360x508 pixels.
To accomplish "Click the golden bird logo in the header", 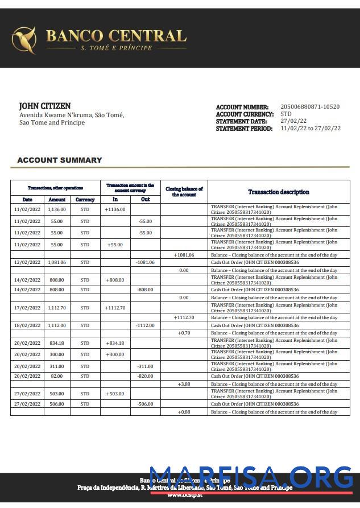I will (x=24, y=39).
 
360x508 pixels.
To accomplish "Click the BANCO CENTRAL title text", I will (x=116, y=36).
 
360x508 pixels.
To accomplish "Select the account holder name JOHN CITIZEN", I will (x=45, y=106).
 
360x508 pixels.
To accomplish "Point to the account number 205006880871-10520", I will (x=310, y=107).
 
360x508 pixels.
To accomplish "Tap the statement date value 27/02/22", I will (x=293, y=121).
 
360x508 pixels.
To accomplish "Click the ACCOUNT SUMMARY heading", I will (x=60, y=160).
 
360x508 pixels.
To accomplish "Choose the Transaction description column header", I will (x=279, y=192).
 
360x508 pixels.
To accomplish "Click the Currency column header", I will (x=85, y=200).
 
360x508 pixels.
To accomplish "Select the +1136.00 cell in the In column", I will (x=115, y=209).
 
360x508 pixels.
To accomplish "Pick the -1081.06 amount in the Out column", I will (x=145, y=262).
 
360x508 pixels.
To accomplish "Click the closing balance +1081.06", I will (x=184, y=255).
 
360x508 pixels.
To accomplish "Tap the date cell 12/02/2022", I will (x=27, y=262).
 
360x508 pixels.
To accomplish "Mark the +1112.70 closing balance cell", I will (x=184, y=317).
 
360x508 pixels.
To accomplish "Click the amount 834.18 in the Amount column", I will (x=57, y=343).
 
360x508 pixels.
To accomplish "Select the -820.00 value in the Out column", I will (x=145, y=376).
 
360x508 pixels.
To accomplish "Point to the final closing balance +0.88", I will (x=184, y=412).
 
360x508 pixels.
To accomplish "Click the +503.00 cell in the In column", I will (x=115, y=394).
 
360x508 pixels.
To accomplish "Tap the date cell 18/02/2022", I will (x=27, y=325).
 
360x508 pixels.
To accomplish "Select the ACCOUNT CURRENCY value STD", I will (x=286, y=114).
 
